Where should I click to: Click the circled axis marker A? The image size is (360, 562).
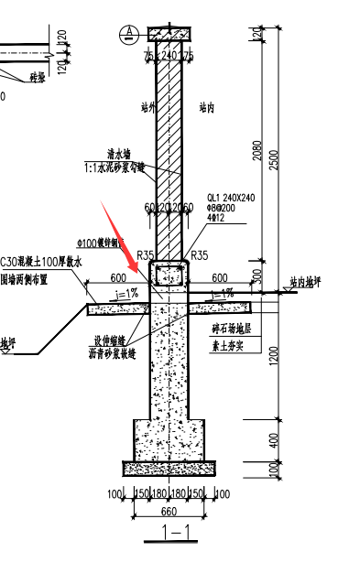[130, 34]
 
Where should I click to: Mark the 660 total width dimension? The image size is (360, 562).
[169, 510]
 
